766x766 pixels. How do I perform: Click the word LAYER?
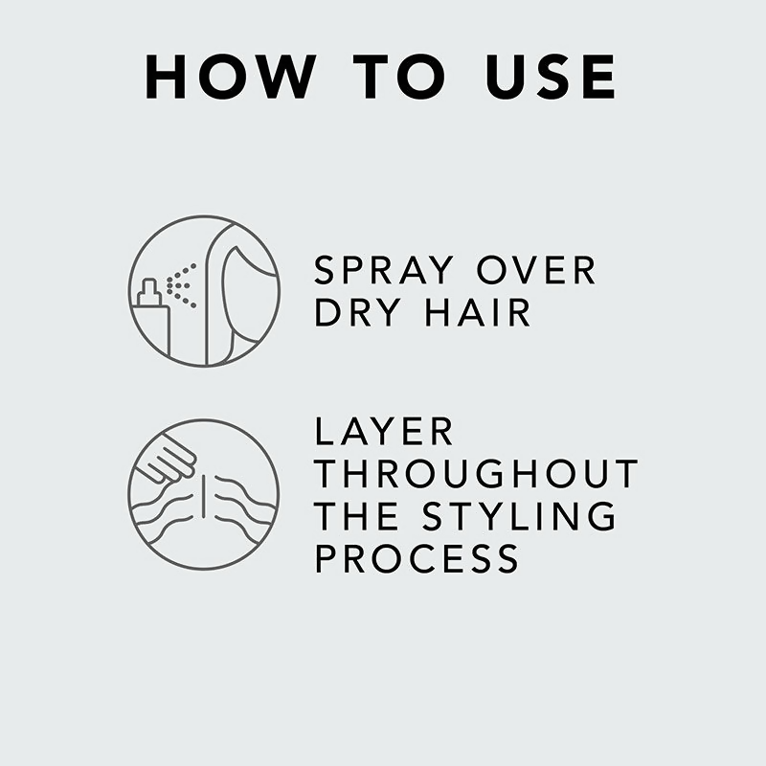(x=385, y=432)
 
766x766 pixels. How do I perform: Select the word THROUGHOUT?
(x=476, y=474)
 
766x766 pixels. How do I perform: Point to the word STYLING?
(x=521, y=516)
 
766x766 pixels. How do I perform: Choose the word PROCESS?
(x=417, y=558)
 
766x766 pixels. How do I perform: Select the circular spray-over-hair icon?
(x=204, y=291)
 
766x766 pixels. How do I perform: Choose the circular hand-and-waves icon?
(x=203, y=494)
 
